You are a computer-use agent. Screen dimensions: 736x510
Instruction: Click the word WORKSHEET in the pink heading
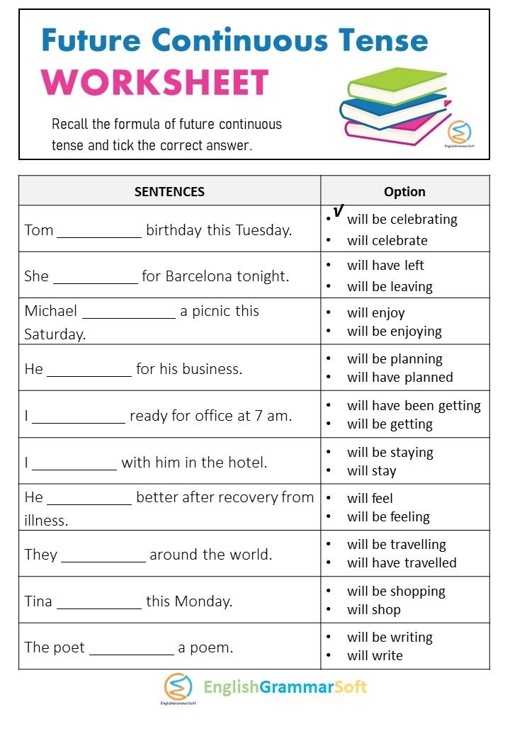[155, 82]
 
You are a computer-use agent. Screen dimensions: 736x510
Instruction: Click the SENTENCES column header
[169, 191]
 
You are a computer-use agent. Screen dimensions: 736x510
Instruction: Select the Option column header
[404, 191]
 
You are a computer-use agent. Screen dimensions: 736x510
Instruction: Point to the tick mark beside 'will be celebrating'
[338, 211]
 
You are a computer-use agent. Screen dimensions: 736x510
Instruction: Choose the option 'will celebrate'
[387, 241]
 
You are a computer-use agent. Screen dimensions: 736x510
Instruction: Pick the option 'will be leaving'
[390, 287]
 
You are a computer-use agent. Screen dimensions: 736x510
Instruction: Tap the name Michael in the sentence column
[50, 311]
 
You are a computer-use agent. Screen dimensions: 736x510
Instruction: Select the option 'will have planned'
[399, 378]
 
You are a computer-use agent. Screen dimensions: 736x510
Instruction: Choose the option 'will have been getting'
[414, 406]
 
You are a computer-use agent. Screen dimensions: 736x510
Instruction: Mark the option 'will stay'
[371, 471]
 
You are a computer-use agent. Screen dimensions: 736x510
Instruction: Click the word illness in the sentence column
[46, 521]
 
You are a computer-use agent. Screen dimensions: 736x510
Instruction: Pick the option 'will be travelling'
[396, 545]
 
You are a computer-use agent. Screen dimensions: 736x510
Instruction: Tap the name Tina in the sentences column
[38, 601]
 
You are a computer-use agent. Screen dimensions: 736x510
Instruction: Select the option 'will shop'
[373, 610]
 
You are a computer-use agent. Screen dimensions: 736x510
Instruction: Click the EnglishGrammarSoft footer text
[285, 686]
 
